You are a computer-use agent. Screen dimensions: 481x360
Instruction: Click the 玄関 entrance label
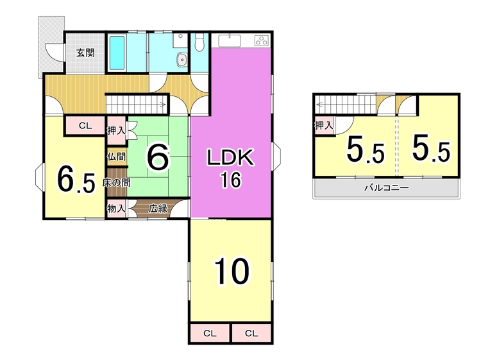coord(85,53)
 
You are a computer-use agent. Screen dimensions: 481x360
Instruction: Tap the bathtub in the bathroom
coord(117,53)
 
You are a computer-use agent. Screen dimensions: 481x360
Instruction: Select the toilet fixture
coord(199,42)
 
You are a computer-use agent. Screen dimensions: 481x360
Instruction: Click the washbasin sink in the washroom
coord(182,59)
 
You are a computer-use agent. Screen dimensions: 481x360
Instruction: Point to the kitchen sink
coord(230,40)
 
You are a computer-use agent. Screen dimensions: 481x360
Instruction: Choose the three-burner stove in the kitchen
coord(262,40)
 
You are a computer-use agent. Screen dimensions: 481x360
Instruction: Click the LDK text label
coord(231,157)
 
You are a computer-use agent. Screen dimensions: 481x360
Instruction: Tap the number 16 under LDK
coord(231,180)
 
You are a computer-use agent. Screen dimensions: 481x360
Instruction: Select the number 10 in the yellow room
coord(232,271)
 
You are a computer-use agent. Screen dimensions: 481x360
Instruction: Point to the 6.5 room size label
coord(76,180)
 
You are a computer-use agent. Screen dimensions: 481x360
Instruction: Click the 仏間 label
coord(116,157)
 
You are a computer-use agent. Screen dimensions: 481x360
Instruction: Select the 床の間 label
coord(116,183)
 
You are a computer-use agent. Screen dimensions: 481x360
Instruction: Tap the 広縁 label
coord(158,209)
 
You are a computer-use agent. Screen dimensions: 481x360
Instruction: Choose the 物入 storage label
coord(116,209)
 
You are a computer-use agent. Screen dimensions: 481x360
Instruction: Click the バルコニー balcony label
coord(387,187)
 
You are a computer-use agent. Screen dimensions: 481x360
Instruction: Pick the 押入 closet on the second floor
coord(324,125)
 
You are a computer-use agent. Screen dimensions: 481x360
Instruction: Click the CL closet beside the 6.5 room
coord(85,126)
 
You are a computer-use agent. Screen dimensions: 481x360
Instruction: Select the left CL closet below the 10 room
coord(210,333)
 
